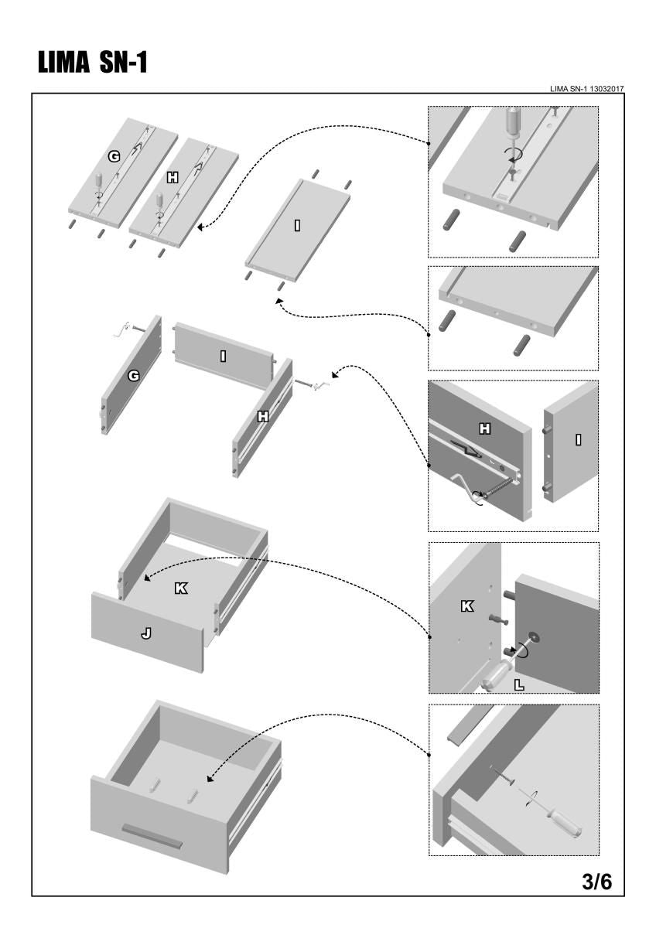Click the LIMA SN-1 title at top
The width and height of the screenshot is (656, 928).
92,63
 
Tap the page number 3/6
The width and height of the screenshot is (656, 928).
596,882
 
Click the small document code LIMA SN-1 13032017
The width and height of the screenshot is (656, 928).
587,89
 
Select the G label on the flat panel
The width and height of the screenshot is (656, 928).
114,156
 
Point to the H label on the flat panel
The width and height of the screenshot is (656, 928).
173,177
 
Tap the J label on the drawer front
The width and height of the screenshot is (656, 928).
146,633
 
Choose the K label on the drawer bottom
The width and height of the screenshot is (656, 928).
180,589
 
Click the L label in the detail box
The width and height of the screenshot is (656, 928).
518,684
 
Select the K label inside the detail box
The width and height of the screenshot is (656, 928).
467,606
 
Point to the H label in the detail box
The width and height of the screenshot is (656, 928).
485,428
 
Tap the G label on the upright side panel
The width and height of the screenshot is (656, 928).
133,375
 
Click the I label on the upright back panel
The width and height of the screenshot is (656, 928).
223,356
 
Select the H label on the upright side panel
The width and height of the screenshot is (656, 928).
263,417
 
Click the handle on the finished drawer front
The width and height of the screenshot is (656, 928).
152,835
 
